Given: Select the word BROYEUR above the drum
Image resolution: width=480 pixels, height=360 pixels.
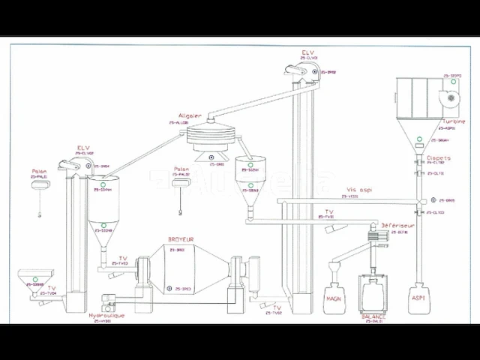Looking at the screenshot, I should [x=180, y=240].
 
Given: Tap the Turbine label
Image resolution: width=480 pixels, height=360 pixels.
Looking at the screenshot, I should [x=454, y=121].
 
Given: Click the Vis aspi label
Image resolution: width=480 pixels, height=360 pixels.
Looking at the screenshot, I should [x=360, y=190].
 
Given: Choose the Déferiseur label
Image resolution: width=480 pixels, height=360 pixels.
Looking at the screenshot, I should [x=394, y=224].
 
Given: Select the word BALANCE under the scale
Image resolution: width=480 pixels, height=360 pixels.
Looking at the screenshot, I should [x=373, y=316].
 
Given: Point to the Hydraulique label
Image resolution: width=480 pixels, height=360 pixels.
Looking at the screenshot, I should [x=106, y=316].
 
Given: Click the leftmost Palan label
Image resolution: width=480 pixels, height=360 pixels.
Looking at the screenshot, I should [x=39, y=171].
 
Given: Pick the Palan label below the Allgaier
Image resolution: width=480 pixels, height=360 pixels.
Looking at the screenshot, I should [x=181, y=169].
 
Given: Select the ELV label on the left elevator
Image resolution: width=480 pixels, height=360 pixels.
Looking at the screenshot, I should [x=84, y=148].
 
